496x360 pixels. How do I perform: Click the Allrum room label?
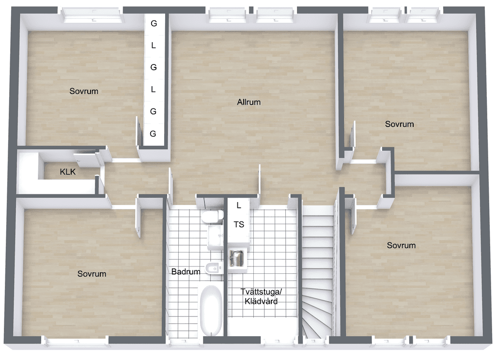tap(248, 102)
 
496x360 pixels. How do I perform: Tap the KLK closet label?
tap(68, 172)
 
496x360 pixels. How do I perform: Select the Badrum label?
tap(186, 271)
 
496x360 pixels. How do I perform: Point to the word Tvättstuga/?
tap(261, 291)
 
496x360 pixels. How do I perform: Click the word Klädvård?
tap(261, 301)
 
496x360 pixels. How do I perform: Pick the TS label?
tap(239, 224)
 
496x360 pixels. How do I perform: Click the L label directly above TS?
tap(239, 205)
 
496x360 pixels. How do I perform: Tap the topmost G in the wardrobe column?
tap(154, 23)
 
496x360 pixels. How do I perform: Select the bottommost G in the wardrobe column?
tap(153, 134)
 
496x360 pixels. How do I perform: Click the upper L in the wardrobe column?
tap(154, 46)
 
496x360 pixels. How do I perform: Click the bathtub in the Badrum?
tap(211, 310)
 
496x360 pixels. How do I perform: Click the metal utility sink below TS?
tap(236, 258)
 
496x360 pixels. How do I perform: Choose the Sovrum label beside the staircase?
tap(401, 245)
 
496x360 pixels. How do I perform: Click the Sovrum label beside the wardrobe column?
tap(84, 91)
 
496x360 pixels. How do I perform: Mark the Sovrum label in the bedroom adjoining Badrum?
tap(92, 274)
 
